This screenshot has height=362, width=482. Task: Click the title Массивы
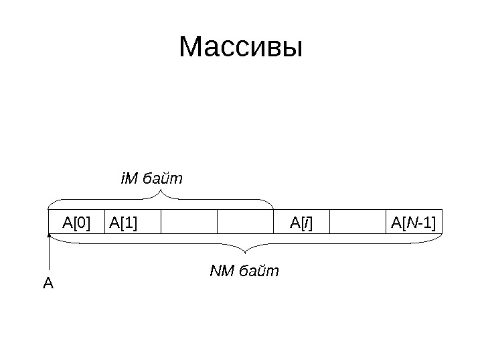click(x=241, y=48)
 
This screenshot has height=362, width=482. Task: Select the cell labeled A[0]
click(x=77, y=222)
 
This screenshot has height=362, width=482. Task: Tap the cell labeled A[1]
click(x=133, y=222)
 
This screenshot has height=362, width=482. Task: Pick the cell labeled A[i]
click(x=301, y=222)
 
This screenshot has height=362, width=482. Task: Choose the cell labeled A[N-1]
click(x=413, y=222)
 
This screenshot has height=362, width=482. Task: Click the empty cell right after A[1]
click(x=189, y=222)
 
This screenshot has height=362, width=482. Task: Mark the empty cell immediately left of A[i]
click(x=246, y=222)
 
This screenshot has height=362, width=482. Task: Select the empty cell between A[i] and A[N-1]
click(x=357, y=222)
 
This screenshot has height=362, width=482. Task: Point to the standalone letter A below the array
click(x=48, y=284)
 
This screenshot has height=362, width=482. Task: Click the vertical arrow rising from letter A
click(x=50, y=255)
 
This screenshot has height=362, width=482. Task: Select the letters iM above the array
click(x=127, y=180)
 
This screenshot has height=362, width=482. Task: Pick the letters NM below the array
click(x=219, y=271)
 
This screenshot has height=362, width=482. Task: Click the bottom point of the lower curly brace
click(x=247, y=253)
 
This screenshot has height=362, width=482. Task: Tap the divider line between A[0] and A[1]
click(x=106, y=222)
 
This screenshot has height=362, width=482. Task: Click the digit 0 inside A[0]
click(x=82, y=222)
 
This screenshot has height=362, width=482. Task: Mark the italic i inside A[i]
click(x=305, y=222)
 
